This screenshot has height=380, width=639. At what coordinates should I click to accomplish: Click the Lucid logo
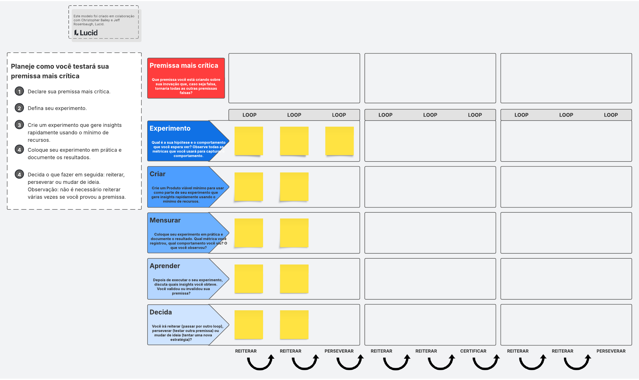pyautogui.click(x=86, y=33)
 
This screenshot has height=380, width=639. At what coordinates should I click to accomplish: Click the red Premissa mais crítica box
pyautogui.click(x=186, y=78)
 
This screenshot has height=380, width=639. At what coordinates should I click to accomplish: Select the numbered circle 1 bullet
pyautogui.click(x=19, y=91)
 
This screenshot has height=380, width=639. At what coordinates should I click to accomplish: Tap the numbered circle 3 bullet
pyautogui.click(x=19, y=125)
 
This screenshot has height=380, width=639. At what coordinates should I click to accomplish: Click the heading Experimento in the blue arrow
pyautogui.click(x=170, y=128)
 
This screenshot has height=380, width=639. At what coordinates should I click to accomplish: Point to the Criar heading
pyautogui.click(x=157, y=174)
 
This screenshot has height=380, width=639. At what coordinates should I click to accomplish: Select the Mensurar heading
pyautogui.click(x=165, y=220)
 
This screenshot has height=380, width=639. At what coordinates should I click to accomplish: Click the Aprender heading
pyautogui.click(x=165, y=266)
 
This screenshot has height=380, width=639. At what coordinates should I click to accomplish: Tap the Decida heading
pyautogui.click(x=161, y=312)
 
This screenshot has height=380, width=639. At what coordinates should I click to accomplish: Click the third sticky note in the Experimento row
pyautogui.click(x=339, y=141)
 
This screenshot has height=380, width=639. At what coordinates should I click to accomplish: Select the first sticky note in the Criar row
pyautogui.click(x=249, y=187)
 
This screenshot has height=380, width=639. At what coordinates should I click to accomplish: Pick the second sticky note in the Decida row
pyautogui.click(x=294, y=324)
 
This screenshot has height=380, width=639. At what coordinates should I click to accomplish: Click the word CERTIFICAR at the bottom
pyautogui.click(x=473, y=351)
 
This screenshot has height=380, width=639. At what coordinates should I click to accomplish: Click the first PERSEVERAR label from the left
pyautogui.click(x=339, y=351)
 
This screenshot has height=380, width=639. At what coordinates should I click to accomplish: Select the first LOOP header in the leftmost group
pyautogui.click(x=249, y=115)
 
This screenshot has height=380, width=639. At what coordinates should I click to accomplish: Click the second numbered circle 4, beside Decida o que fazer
pyautogui.click(x=19, y=175)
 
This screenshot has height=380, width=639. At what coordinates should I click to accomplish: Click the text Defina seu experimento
pyautogui.click(x=57, y=108)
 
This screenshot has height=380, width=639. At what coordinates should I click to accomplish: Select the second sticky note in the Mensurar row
pyautogui.click(x=294, y=233)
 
